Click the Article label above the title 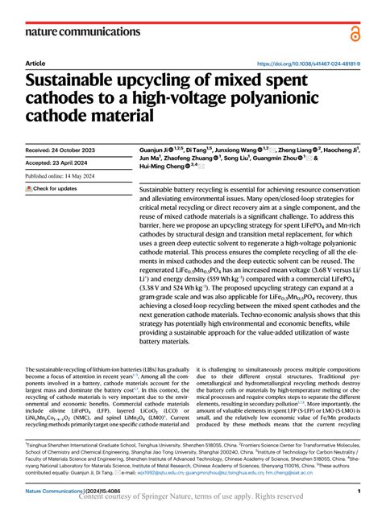click(35, 63)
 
